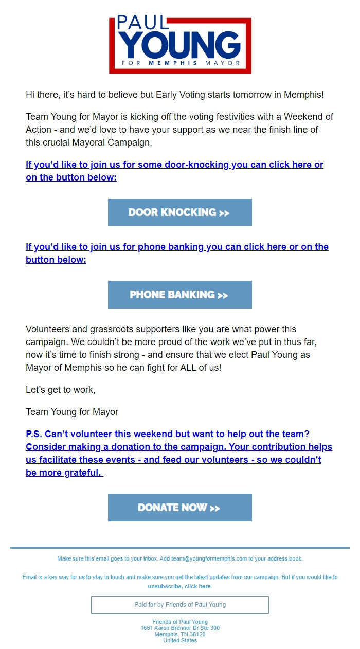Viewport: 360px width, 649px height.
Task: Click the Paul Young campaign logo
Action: click(x=180, y=45)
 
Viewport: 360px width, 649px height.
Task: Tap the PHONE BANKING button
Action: click(x=179, y=295)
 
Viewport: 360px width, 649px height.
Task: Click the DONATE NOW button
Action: click(x=179, y=508)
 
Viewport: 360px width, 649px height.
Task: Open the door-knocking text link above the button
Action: click(x=174, y=171)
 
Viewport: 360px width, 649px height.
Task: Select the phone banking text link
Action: click(x=177, y=253)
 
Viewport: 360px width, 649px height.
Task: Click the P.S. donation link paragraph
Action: click(x=178, y=453)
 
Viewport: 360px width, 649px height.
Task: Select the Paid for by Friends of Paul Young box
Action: click(x=179, y=605)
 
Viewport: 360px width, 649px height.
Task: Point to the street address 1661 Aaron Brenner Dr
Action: click(x=179, y=628)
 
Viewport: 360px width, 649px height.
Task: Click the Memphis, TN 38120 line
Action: click(x=179, y=634)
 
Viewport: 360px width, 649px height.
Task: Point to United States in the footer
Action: click(x=179, y=640)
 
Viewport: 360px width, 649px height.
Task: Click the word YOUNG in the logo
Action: click(x=180, y=45)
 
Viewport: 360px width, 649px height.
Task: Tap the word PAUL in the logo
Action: click(x=142, y=23)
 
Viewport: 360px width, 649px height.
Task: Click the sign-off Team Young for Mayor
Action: click(x=72, y=412)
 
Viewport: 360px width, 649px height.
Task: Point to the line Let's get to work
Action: click(x=61, y=390)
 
